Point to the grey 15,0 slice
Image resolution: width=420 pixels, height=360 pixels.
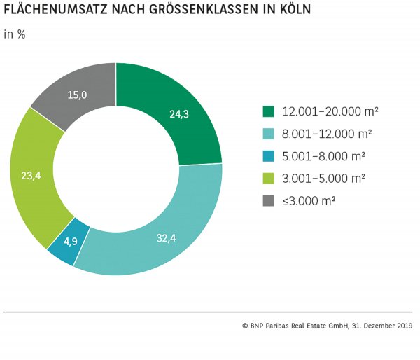(x=73, y=98)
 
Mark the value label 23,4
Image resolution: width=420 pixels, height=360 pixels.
(x=31, y=176)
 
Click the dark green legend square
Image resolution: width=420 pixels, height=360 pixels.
(x=268, y=111)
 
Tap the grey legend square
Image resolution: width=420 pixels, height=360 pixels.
(x=268, y=200)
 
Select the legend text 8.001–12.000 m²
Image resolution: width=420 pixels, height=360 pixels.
(x=326, y=134)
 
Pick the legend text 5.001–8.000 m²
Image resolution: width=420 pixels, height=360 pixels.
(x=323, y=156)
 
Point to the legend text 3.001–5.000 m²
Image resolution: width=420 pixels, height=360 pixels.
(x=323, y=178)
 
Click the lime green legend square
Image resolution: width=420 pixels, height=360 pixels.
(x=268, y=178)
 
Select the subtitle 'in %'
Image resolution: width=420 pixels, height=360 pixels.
(x=15, y=34)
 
